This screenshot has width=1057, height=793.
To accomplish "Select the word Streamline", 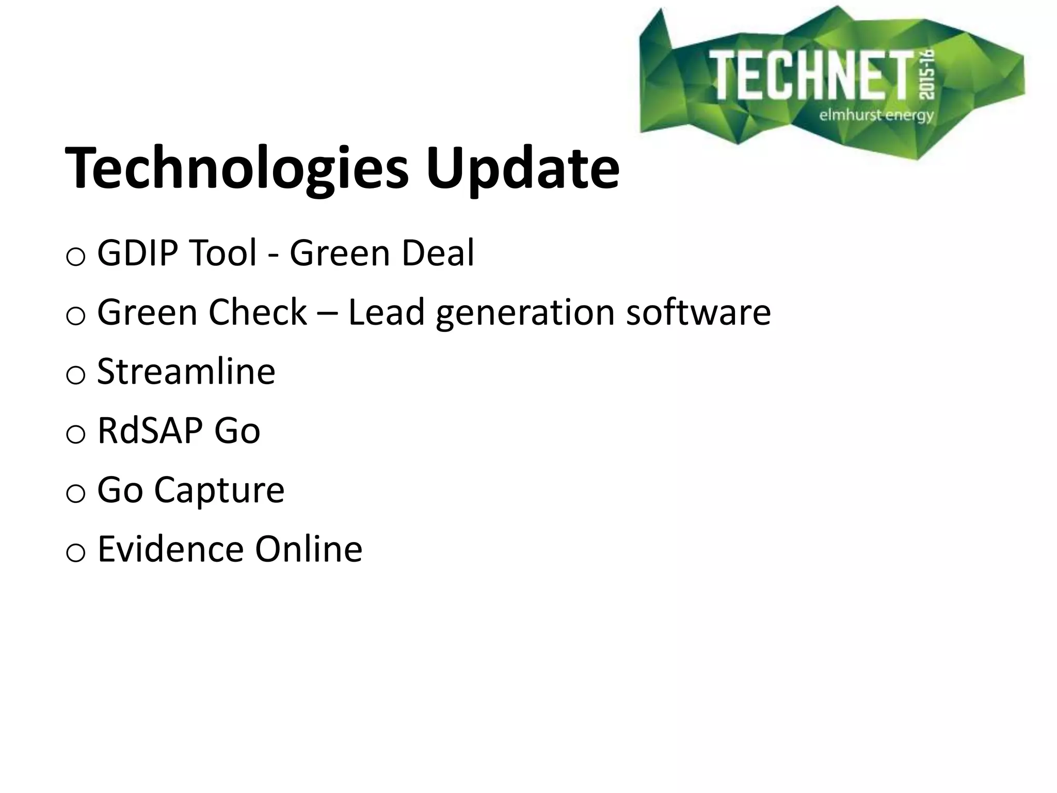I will (186, 371).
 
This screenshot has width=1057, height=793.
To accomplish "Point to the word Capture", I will (219, 490).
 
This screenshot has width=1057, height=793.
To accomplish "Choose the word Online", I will (309, 549).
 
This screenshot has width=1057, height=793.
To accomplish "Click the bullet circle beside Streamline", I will (76, 375).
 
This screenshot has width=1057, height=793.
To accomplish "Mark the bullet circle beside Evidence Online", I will (76, 552).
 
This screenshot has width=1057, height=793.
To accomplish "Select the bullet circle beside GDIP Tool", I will (76, 257).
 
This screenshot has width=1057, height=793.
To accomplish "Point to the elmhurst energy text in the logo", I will (876, 115).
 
